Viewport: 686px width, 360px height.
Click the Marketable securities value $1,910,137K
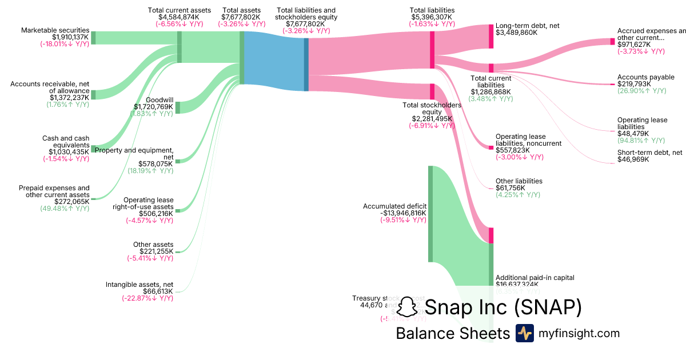(x=65, y=37)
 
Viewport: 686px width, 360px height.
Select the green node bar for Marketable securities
(x=93, y=38)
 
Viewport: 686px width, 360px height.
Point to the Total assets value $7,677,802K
(x=241, y=17)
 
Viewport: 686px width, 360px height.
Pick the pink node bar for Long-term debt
(x=490, y=36)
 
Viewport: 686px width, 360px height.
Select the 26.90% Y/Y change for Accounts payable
(x=641, y=91)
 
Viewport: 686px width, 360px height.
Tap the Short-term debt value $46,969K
(x=635, y=159)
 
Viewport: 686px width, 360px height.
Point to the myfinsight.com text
(x=579, y=333)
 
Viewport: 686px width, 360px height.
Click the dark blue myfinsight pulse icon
(x=524, y=333)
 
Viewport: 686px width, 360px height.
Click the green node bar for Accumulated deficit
(x=430, y=214)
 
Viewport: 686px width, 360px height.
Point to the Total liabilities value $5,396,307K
(x=432, y=17)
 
